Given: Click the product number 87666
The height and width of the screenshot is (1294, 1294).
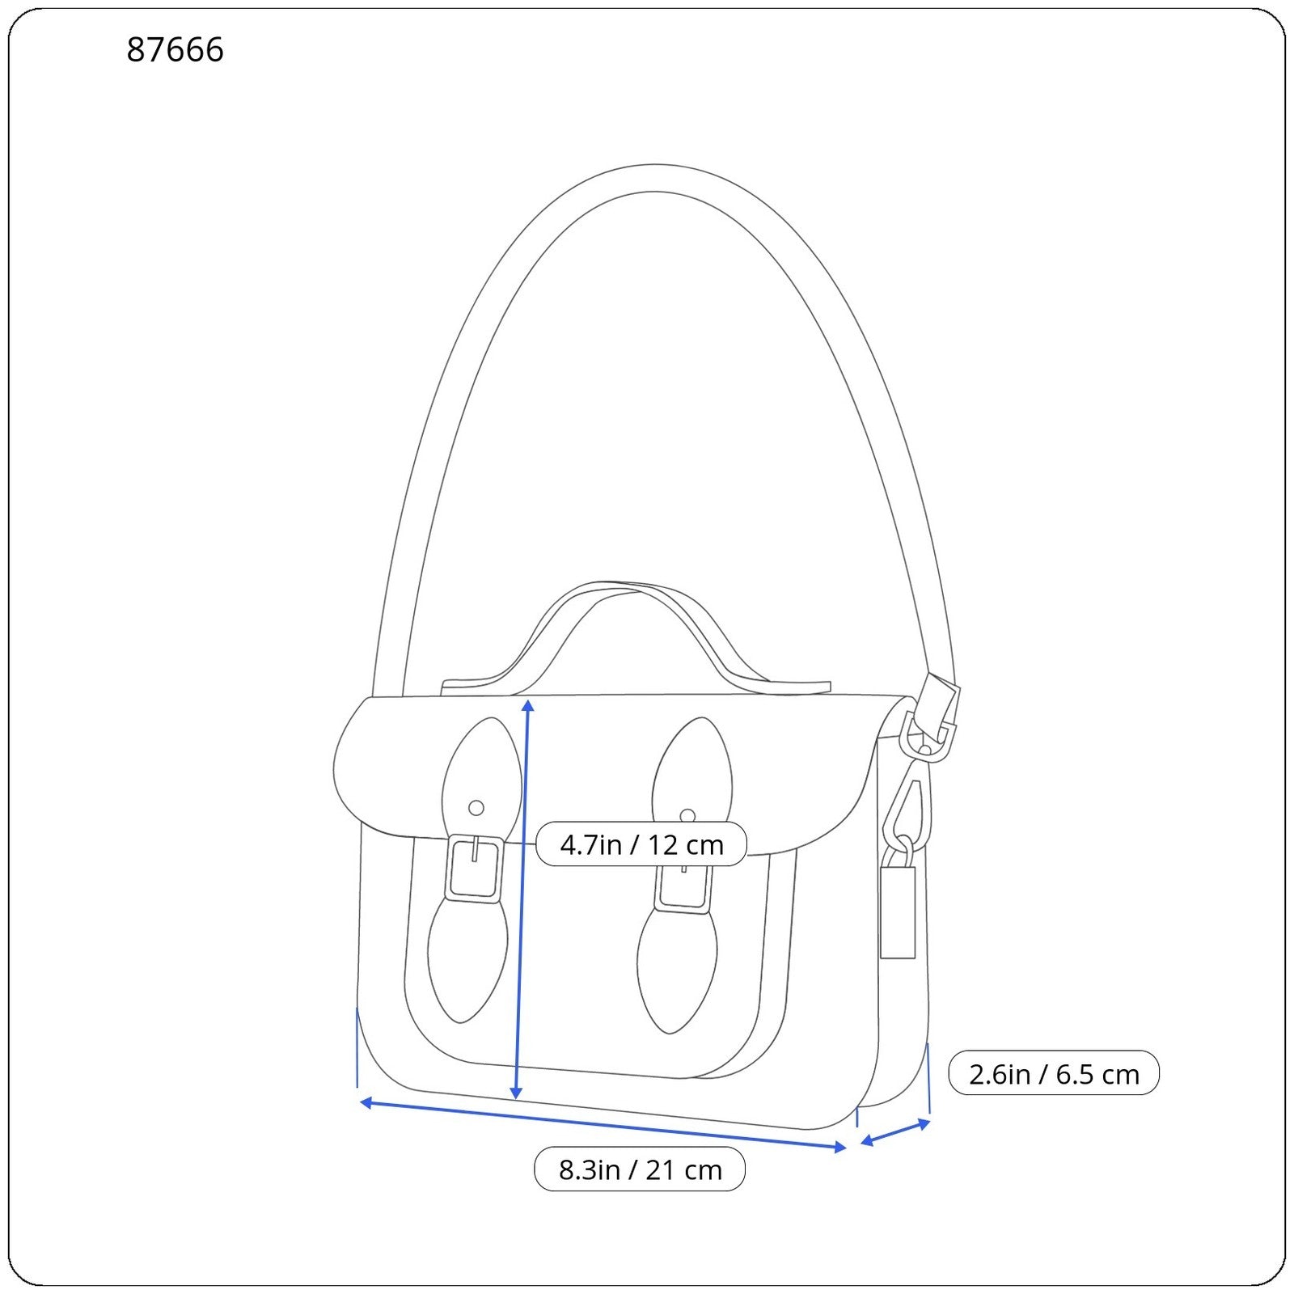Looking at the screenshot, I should [x=175, y=50].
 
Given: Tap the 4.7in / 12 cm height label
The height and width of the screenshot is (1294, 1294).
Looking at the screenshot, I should [x=641, y=844].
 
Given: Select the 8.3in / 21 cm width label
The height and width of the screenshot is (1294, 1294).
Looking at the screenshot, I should [x=640, y=1169].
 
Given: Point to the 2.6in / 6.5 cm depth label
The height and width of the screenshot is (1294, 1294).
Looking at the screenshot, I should [x=1053, y=1074].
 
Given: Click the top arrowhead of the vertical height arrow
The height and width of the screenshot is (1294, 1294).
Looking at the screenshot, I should [x=527, y=705].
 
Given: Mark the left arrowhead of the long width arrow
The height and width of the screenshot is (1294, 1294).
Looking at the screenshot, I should [x=366, y=1102].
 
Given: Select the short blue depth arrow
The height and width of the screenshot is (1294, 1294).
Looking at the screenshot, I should [x=895, y=1131].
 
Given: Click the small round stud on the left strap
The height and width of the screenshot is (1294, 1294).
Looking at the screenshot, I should [x=476, y=808].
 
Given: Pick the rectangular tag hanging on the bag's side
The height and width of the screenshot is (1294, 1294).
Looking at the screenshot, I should [x=898, y=912].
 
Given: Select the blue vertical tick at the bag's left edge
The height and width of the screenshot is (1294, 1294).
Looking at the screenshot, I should [x=357, y=1047].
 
